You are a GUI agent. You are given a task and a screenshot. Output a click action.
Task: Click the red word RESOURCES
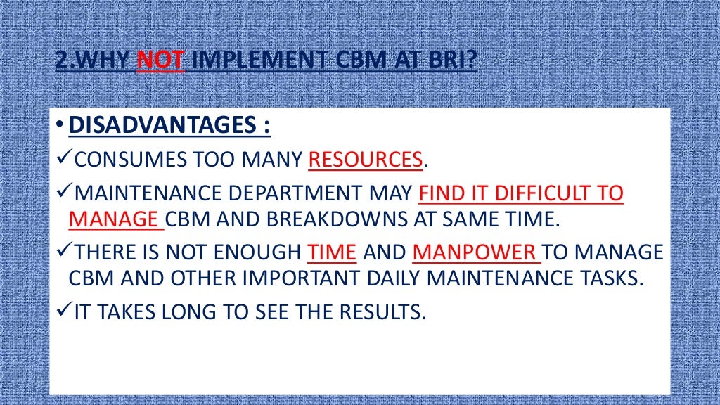[366, 160]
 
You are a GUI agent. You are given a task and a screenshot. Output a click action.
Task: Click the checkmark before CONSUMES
[62, 160]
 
